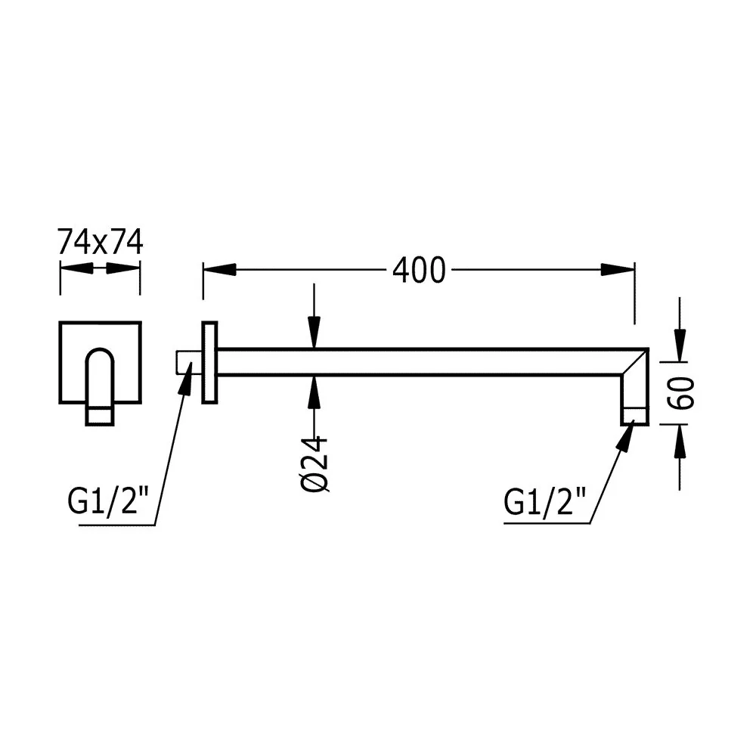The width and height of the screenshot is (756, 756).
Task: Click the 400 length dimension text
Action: coord(419,270)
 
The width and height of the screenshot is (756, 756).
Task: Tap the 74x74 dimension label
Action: coord(101,242)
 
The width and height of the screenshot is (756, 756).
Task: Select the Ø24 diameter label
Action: coord(315,465)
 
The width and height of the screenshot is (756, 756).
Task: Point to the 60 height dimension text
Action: coord(682,393)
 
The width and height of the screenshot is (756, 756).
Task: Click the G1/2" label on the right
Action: coord(545,501)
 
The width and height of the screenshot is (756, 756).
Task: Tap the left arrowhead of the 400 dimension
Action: coord(219,270)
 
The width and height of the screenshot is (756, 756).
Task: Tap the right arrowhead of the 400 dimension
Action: coord(618,270)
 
